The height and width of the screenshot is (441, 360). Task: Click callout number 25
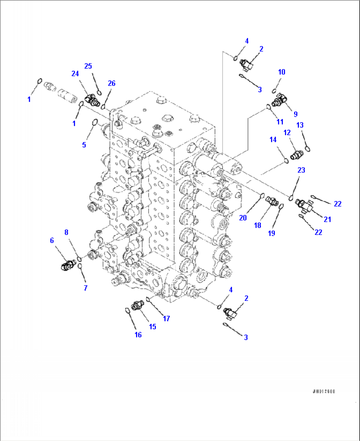(88, 66)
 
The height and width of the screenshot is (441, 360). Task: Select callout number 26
(112, 83)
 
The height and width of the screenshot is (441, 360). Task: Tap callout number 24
(75, 73)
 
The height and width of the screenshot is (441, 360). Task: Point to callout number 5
(84, 144)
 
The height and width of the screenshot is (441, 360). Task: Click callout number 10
(281, 72)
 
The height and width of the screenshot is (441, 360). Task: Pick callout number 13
(300, 125)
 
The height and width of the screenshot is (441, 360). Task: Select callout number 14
(273, 140)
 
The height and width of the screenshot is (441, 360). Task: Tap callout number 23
(301, 170)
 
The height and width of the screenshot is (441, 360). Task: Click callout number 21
(327, 219)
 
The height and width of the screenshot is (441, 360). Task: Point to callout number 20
(243, 218)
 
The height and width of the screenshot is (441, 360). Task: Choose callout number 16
(138, 335)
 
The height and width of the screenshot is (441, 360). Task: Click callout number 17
(166, 318)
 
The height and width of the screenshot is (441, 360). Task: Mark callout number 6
(52, 240)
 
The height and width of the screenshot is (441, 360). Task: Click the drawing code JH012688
(324, 391)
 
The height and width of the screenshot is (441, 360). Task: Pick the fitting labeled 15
(137, 305)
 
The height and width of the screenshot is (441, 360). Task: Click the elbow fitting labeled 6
(68, 265)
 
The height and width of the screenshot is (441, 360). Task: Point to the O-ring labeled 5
(94, 122)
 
